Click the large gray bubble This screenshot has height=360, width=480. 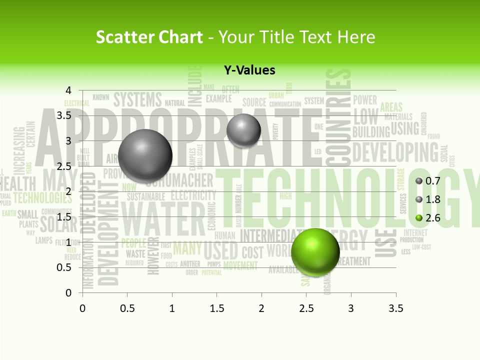coord(145,156)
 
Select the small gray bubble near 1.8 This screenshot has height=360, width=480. coord(243,130)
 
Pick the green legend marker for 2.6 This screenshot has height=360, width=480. coord(419,217)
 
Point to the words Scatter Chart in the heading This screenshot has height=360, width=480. coord(149,37)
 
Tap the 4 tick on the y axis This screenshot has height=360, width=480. coord(68,90)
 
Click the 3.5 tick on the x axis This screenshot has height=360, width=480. coord(396,308)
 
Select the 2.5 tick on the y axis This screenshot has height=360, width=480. coord(65,166)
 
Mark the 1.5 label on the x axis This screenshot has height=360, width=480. coord(216,308)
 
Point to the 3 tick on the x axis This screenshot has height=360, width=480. coord(351,308)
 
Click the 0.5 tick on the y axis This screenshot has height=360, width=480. coord(65,267)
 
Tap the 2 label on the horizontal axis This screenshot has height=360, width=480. coord(261,308)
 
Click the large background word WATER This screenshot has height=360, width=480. coord(162,219)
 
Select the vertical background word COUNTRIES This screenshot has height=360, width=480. coord(338,117)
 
